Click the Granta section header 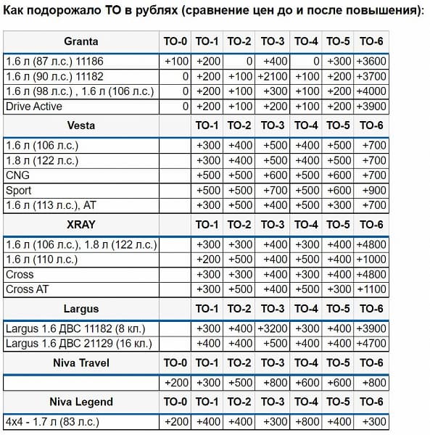point(81,41)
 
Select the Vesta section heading point(81,125)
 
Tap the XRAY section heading point(81,224)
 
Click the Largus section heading point(81,309)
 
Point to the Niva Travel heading point(81,362)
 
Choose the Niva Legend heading point(81,402)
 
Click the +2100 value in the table point(273,76)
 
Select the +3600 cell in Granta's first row point(371,61)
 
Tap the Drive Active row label point(35,106)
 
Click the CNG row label point(17,175)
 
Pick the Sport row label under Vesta point(19,191)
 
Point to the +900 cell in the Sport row point(372,191)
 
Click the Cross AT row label point(27,289)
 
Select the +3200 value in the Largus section point(273,328)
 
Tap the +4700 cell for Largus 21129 point(371,344)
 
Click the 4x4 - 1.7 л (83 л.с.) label point(52,421)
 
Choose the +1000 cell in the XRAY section point(371,260)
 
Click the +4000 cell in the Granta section point(371,91)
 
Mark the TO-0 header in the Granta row point(176,41)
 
